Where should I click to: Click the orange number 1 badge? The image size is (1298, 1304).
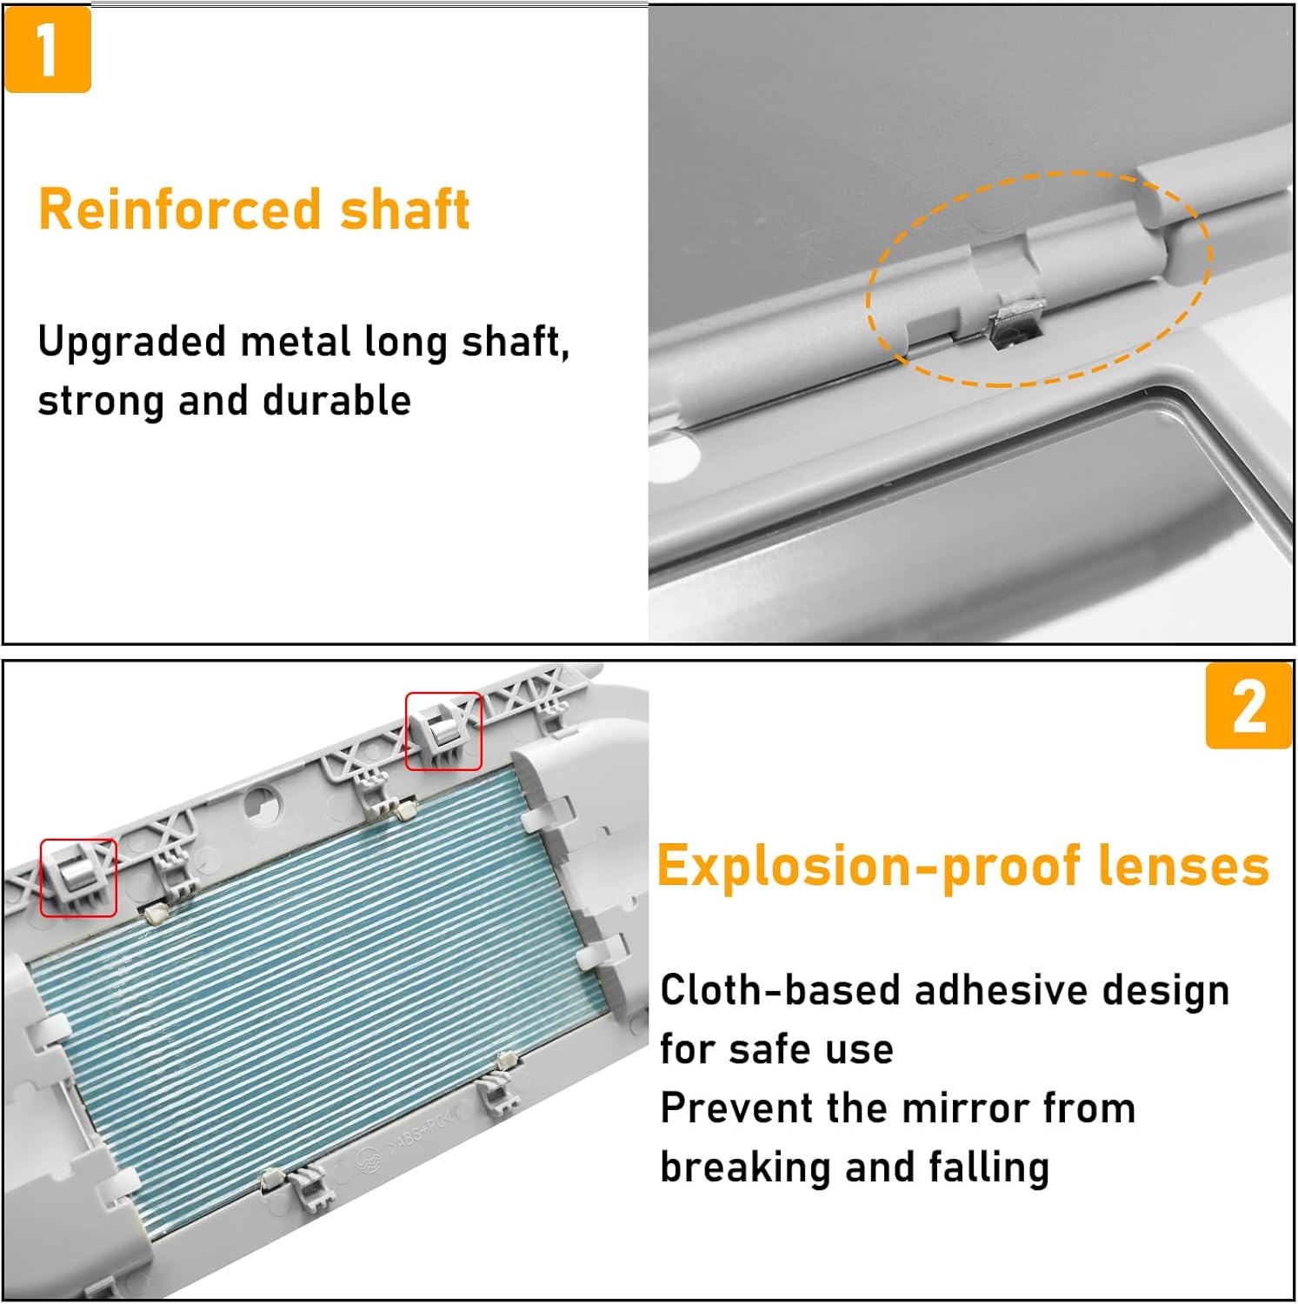(x=48, y=50)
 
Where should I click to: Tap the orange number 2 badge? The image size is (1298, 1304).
(x=1248, y=705)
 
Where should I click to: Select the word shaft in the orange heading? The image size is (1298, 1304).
(x=405, y=210)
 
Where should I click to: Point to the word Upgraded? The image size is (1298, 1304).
(x=132, y=343)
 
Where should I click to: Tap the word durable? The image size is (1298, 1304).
(x=336, y=401)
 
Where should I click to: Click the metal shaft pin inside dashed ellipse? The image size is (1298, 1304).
(x=1012, y=323)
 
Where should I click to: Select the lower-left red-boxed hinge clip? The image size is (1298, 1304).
(x=78, y=876)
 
